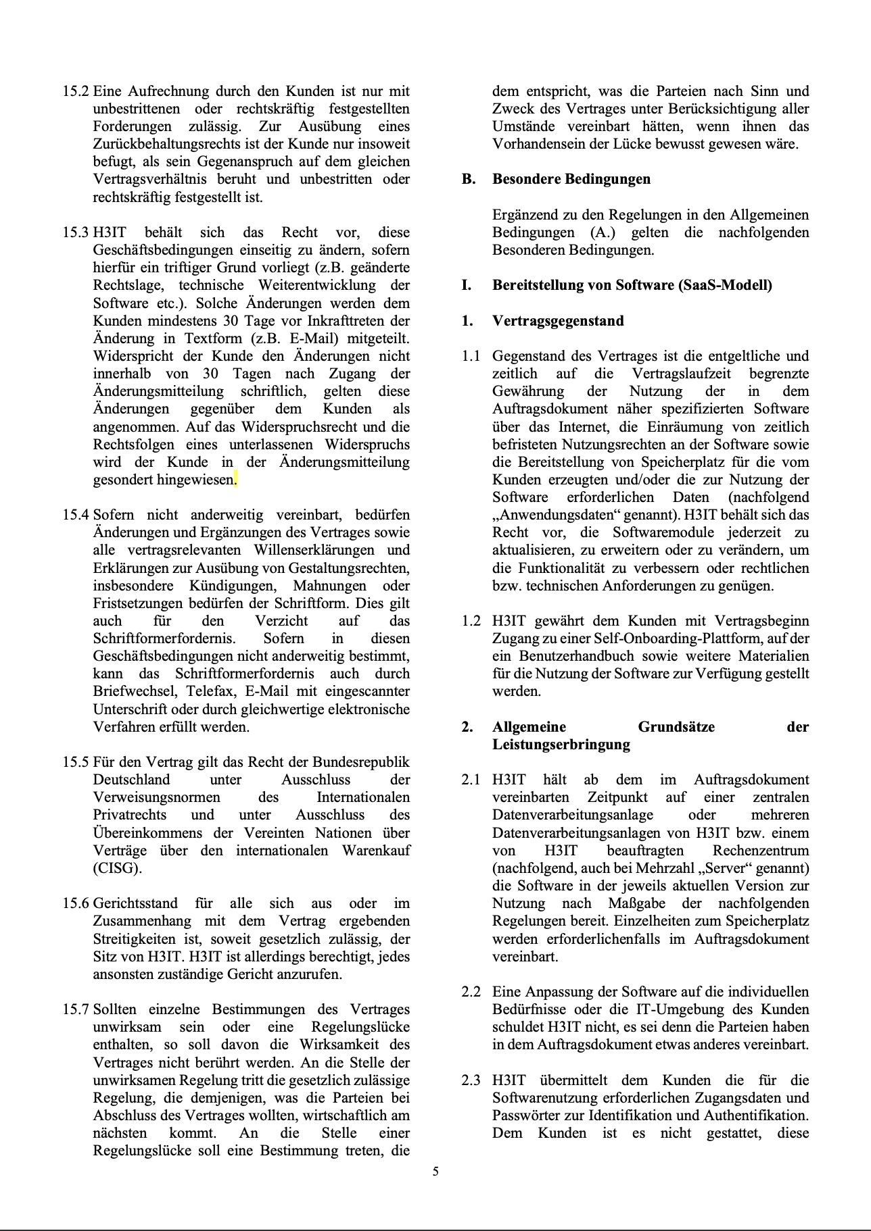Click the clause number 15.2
pos(76,91)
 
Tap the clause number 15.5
pos(76,762)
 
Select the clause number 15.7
pos(76,1009)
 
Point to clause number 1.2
pos(471,621)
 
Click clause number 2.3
pos(471,1080)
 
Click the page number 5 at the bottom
pos(435,1172)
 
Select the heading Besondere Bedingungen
pos(571,179)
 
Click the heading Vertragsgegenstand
pos(558,320)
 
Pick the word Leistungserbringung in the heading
pos(561,745)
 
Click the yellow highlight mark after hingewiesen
pos(235,480)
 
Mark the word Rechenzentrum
pos(761,851)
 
